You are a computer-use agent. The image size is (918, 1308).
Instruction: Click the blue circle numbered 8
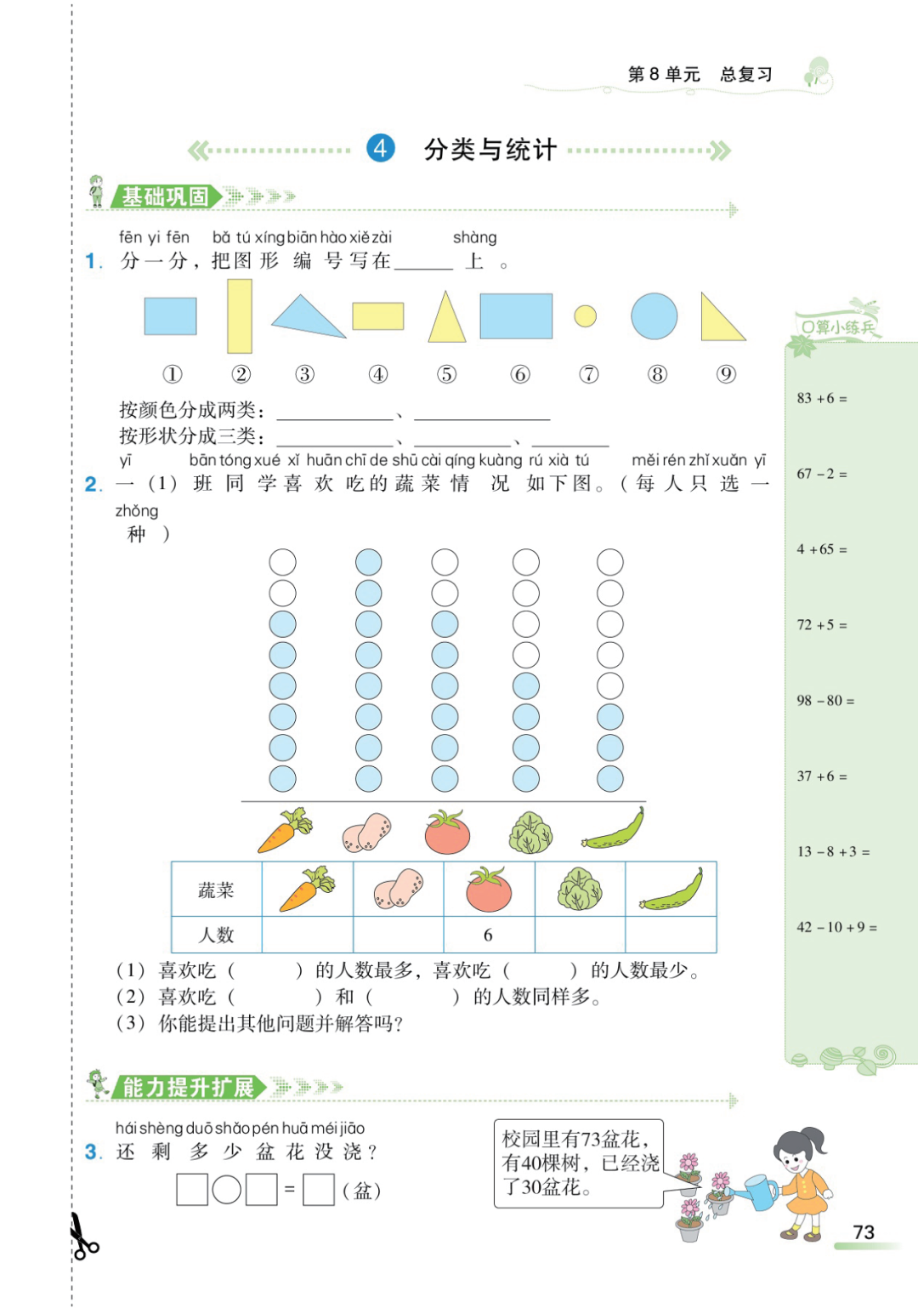tap(654, 316)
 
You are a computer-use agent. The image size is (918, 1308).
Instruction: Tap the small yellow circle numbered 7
tap(585, 316)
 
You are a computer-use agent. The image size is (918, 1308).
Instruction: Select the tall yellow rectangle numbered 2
tap(240, 316)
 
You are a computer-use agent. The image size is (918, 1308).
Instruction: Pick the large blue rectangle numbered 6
tap(516, 316)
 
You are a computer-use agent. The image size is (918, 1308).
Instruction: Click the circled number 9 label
tap(726, 374)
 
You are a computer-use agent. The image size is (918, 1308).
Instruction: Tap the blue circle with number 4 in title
tap(380, 149)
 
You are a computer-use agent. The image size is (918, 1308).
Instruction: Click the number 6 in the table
tap(488, 935)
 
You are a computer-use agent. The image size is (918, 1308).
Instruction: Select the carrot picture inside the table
tap(307, 889)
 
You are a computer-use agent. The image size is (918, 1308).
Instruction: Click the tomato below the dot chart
tap(447, 832)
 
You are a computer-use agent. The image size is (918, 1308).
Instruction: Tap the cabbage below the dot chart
tap(530, 833)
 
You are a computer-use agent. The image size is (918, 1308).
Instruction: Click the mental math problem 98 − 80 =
tap(825, 701)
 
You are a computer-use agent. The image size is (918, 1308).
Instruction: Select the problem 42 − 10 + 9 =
tap(836, 927)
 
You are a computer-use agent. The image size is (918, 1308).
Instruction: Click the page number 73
tap(864, 1232)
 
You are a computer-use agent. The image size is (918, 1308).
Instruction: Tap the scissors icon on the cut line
tap(82, 1237)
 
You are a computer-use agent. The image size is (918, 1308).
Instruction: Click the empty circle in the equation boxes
tap(226, 1189)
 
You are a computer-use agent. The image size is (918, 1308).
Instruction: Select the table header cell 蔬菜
tap(216, 890)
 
